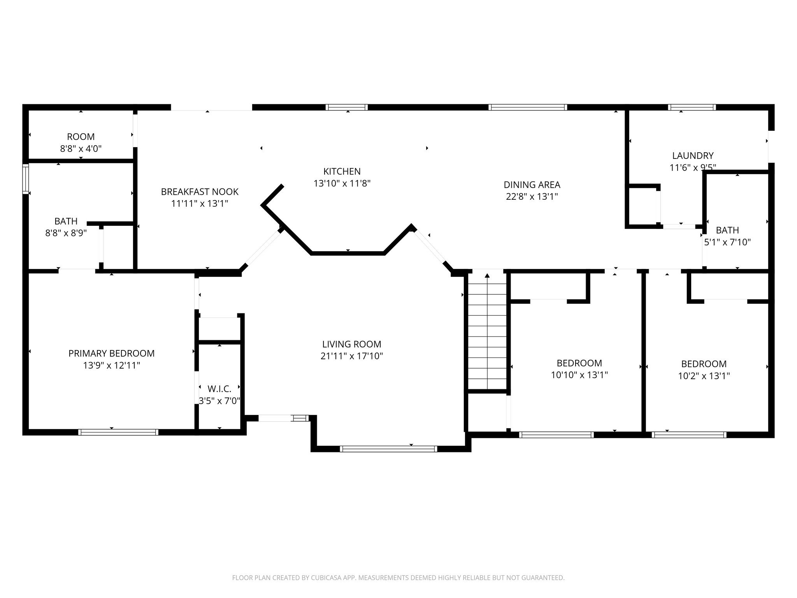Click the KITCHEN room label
pos(342,171)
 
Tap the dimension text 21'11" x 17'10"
pos(351,356)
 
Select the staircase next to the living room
pos(487,331)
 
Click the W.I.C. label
pos(219,389)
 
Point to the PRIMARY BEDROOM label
pos(111,353)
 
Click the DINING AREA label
pos(532,185)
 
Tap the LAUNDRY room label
pos(693,156)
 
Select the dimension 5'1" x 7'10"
pos(727,242)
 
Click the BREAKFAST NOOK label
pos(200,192)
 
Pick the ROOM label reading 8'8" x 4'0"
pos(81,137)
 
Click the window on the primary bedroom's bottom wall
pos(118,432)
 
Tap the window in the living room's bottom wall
pos(388,449)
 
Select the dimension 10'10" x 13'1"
pos(579,375)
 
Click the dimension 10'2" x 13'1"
pos(704,376)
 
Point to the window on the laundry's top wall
pos(692,107)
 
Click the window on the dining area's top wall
pos(528,107)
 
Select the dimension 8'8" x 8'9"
pos(66,233)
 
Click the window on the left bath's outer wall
pos(26,179)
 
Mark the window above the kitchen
pos(346,107)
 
